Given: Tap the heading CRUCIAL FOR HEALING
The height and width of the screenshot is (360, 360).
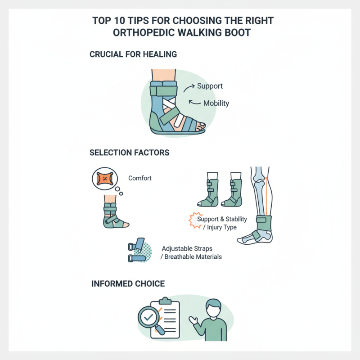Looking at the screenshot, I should pos(134,54).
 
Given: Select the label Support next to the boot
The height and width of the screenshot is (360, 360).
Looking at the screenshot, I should pos(210,86).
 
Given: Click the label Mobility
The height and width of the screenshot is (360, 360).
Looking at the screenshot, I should pos(216,103).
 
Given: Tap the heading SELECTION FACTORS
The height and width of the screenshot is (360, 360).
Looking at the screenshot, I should pos(130,153).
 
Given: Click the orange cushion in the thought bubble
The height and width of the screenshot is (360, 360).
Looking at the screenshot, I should pos(104,179).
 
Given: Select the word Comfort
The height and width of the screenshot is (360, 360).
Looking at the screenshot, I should pos(140,178).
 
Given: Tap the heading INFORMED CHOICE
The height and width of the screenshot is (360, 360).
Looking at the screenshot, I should pos(128,284).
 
